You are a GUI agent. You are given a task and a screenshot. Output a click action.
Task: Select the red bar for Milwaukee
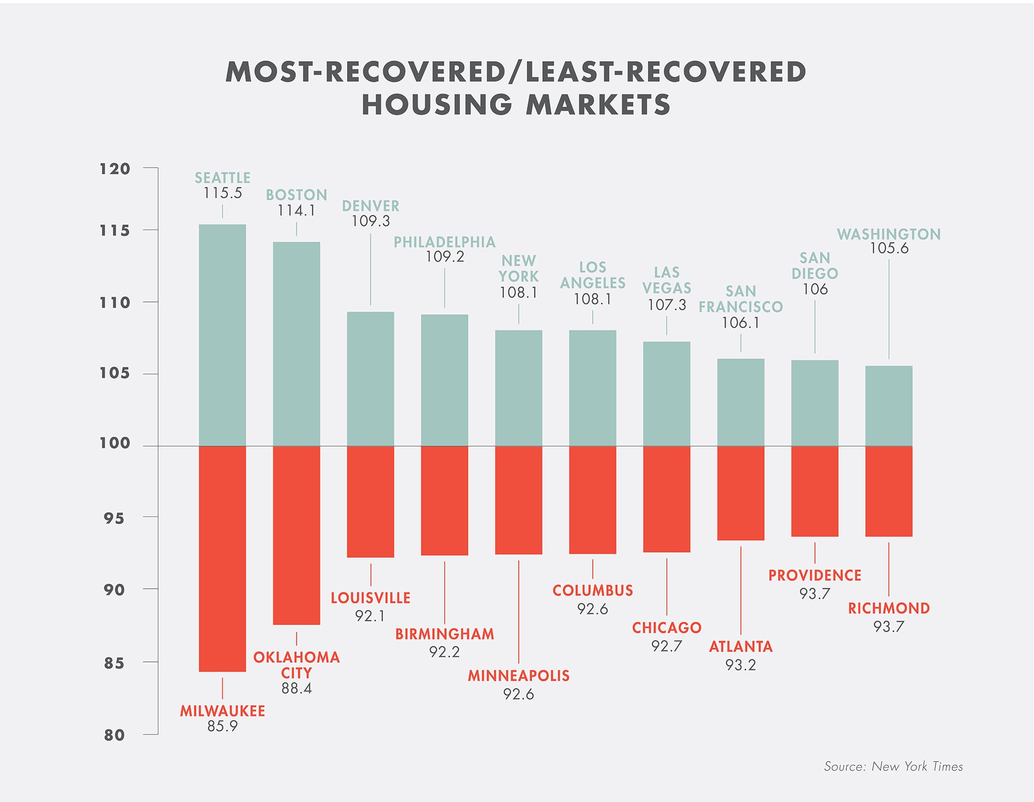click(x=222, y=559)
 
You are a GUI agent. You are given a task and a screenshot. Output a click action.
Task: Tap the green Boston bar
click(x=296, y=344)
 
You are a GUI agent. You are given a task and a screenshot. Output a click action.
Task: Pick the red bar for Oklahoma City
click(x=296, y=535)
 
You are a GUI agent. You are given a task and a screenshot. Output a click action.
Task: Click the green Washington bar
click(x=889, y=406)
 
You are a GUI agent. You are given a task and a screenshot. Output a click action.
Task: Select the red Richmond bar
click(x=889, y=491)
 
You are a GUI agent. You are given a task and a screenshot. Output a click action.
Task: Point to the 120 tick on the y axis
click(x=115, y=169)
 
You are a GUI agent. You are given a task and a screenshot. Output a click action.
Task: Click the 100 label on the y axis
click(x=115, y=443)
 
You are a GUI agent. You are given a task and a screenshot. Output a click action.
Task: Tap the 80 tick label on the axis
click(x=115, y=735)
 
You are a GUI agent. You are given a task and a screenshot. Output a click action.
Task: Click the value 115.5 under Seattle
click(x=222, y=193)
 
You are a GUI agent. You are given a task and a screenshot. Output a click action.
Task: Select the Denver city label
click(x=371, y=206)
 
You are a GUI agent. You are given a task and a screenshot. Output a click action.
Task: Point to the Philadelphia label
click(x=445, y=242)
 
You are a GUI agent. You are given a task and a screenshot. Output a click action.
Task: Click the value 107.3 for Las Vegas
click(x=666, y=305)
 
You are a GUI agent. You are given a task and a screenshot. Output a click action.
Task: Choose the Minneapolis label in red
click(x=519, y=676)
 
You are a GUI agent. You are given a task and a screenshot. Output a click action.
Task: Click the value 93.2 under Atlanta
click(x=740, y=665)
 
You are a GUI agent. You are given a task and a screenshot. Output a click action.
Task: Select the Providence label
click(x=815, y=575)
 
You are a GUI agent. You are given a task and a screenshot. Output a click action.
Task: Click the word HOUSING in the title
click(x=437, y=105)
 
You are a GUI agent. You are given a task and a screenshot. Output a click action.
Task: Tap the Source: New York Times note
click(x=893, y=766)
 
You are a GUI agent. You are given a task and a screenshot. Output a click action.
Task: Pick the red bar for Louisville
click(x=371, y=501)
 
